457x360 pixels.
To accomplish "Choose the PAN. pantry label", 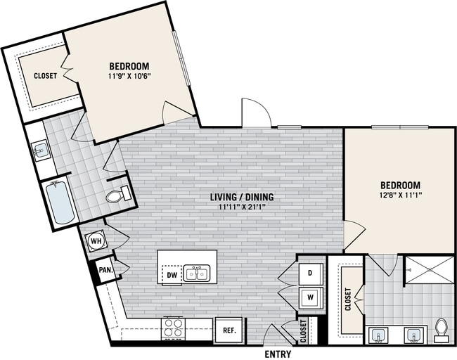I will (x=105, y=269).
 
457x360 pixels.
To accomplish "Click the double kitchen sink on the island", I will (x=196, y=273).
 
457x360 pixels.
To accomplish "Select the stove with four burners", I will (x=174, y=327).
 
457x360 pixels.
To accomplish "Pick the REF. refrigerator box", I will (x=229, y=330).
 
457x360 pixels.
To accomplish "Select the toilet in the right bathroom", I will (x=441, y=328).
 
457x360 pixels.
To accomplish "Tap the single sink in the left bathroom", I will (x=40, y=149).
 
